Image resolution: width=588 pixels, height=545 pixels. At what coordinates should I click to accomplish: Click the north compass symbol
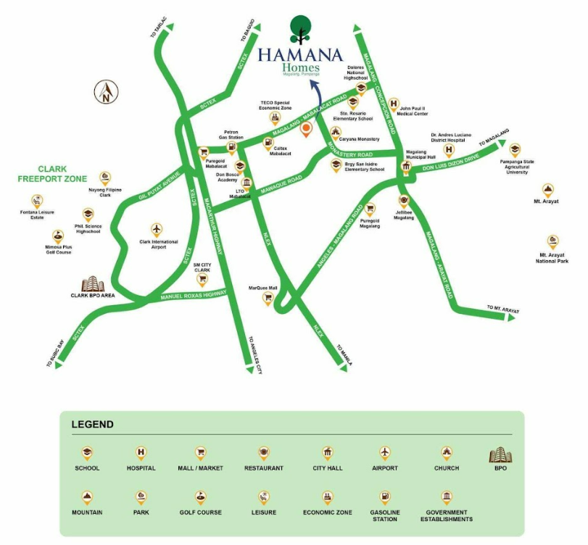click(x=106, y=91)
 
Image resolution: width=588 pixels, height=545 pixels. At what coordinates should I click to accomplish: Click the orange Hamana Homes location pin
click(x=307, y=130)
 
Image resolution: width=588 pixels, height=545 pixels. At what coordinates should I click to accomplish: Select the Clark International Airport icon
click(x=157, y=229)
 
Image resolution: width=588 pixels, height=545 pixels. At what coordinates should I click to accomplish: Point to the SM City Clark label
click(x=207, y=267)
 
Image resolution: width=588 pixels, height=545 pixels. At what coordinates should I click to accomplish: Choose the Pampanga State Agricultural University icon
click(x=515, y=151)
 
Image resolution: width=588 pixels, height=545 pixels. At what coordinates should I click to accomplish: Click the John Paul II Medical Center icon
click(x=394, y=104)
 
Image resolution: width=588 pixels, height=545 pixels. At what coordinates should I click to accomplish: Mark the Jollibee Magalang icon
click(x=404, y=202)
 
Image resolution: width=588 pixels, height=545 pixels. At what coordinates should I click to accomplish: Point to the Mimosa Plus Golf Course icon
click(x=58, y=236)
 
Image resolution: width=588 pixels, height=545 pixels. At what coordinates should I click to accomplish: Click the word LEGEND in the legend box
click(x=92, y=425)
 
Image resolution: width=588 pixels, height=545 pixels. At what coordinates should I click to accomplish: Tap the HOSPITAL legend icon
click(x=141, y=453)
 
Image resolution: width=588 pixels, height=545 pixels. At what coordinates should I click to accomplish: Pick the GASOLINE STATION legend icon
click(x=385, y=497)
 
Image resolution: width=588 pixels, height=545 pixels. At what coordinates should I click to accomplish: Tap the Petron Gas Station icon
click(x=231, y=148)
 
